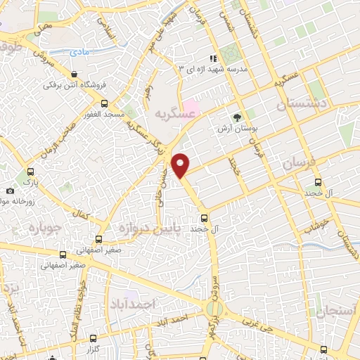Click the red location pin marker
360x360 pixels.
pos(181,165)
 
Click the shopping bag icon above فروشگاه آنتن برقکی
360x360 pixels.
pos(74,73)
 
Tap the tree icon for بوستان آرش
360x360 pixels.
pos(236,118)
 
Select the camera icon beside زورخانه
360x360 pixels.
pos(9,191)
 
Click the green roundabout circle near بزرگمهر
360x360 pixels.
pos(214,307)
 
